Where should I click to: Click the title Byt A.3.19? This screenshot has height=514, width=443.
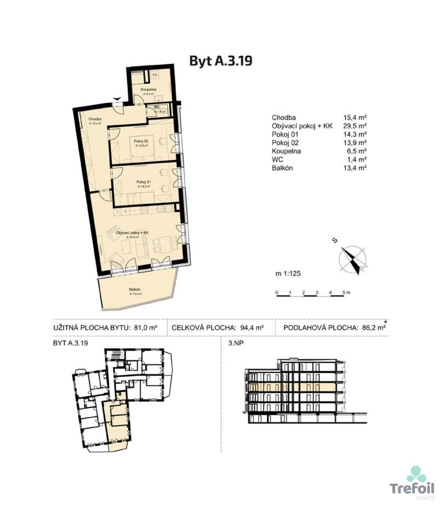pos(221,61)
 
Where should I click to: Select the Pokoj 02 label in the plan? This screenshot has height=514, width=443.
pos(141,142)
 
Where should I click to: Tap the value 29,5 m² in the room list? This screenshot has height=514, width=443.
pos(355,126)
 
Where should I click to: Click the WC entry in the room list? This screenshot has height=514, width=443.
pos(277,159)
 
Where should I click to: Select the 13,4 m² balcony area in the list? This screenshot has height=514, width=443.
pos(355,168)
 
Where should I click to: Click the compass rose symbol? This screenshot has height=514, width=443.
pos(353,260)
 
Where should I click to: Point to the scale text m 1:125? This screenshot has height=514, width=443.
pos(290,272)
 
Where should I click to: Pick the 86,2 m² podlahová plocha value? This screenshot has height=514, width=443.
pos(372,328)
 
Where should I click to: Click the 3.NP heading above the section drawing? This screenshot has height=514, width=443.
pos(231,343)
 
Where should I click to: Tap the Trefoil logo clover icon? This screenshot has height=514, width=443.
pos(416,475)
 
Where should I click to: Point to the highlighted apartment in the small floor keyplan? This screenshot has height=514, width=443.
pos(117,422)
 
